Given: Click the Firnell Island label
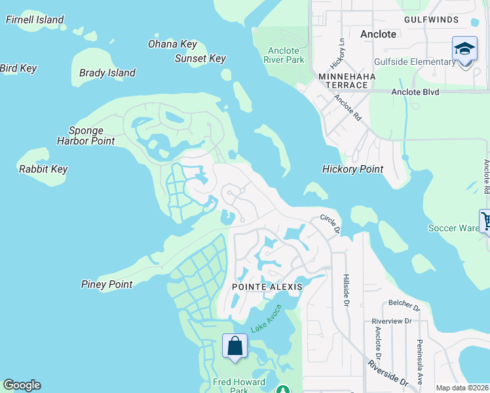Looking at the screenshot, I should click(35, 20).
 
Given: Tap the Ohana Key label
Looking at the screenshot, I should click(172, 44).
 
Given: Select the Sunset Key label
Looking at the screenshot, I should click(200, 58).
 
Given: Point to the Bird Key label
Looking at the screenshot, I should click(18, 68).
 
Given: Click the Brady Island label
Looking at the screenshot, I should click(107, 73).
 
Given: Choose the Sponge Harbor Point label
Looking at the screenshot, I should click(86, 136).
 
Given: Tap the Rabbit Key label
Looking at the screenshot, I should click(43, 169).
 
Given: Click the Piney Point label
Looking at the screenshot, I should click(107, 284).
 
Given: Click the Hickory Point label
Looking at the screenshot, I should click(352, 169).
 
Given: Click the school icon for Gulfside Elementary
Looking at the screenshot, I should click(464, 49).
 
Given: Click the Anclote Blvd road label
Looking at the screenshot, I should click(415, 92).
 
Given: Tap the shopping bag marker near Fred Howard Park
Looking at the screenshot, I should click(235, 346).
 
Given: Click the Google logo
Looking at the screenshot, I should click(22, 385).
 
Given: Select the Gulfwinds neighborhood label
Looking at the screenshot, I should click(431, 20).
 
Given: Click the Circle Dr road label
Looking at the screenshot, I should click(330, 224).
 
